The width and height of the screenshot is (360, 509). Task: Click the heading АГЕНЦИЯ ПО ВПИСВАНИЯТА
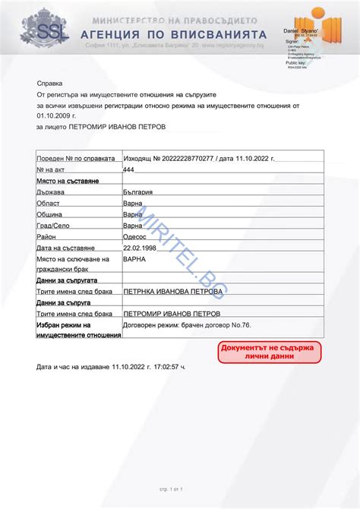pyautogui.click(x=179, y=34)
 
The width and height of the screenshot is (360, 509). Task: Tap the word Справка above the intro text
pyautogui.click(x=50, y=82)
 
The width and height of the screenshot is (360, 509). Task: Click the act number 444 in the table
pyautogui.click(x=128, y=170)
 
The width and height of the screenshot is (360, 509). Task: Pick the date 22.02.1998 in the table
pyautogui.click(x=140, y=248)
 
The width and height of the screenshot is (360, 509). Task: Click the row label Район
pyautogui.click(x=46, y=236)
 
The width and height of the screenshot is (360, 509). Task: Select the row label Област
pyautogui.click(x=49, y=204)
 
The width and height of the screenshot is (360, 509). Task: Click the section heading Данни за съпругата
pyautogui.click(x=65, y=280)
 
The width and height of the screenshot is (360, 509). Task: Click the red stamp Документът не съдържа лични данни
pyautogui.click(x=269, y=351)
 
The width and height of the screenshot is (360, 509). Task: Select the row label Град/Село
pyautogui.click(x=52, y=226)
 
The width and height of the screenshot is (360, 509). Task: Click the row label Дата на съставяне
pyautogui.click(x=65, y=248)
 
